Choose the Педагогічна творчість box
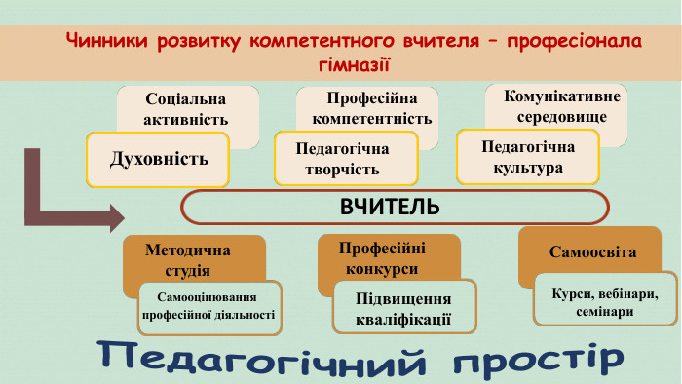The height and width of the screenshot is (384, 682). (x=347, y=159)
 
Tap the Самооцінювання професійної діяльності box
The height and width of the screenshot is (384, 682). (x=208, y=307)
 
